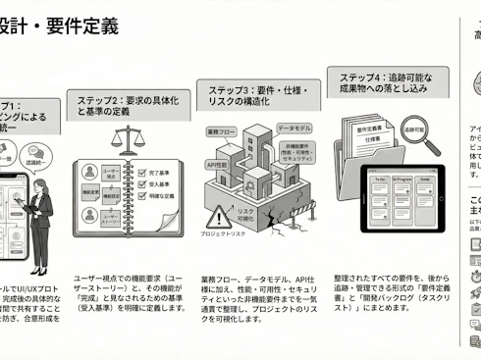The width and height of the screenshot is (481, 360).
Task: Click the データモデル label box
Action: click(x=294, y=129)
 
